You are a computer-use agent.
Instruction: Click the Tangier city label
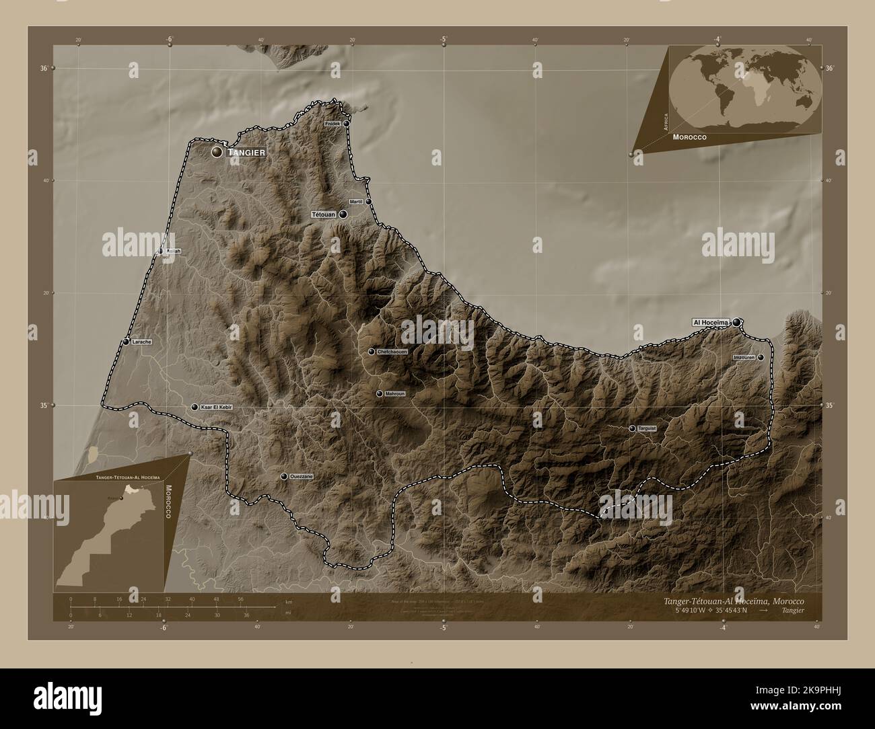pos(246,153)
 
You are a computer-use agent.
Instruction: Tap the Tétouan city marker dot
pos(343,215)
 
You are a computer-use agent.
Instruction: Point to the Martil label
pos(356,202)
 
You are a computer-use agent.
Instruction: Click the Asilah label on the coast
pos(173,251)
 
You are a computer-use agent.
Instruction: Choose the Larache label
pos(142,342)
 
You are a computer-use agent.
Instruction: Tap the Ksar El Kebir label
pos(216,408)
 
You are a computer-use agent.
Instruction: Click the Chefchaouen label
pos(392,352)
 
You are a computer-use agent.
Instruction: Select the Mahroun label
pos(394,393)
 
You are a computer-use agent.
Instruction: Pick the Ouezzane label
pos(302,476)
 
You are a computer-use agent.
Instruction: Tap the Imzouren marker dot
pos(761,358)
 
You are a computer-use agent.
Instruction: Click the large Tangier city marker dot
pos(217,153)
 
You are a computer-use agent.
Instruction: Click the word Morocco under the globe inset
pos(689,137)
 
